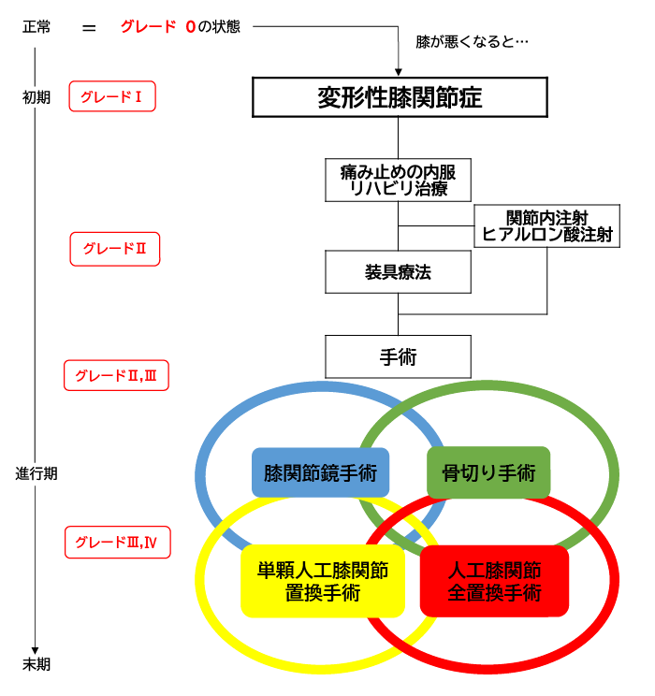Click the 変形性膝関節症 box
point(400,97)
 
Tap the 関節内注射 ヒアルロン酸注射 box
point(546,226)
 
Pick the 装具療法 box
point(398,272)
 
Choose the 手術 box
point(398,356)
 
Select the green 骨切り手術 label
point(488,472)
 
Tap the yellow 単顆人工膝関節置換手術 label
point(323,582)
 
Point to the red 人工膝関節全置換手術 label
point(494,582)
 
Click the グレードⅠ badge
point(112,97)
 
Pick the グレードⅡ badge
point(115,249)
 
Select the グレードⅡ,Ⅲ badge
point(117,376)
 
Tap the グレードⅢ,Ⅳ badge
point(118,542)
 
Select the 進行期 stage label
point(36,473)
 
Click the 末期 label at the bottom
point(36,664)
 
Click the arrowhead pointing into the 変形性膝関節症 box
point(399,71)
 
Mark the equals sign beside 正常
point(89,28)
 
